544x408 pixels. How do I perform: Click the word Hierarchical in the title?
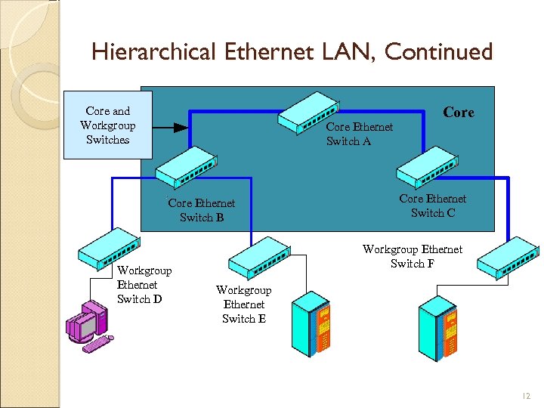pos(154,52)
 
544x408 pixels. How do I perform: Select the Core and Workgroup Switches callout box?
pos(107,125)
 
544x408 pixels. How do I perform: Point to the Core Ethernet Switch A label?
pos(359,134)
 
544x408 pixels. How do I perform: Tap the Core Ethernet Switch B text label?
pos(201,210)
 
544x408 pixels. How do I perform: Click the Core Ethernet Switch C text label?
pos(432,206)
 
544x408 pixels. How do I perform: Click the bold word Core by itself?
pos(458,113)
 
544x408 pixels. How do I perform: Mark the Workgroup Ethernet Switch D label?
pos(144,285)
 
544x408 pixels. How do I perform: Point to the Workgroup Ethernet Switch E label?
pos(243,304)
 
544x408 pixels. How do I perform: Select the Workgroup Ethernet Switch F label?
pos(412,256)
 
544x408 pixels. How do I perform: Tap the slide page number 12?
pos(527,396)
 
